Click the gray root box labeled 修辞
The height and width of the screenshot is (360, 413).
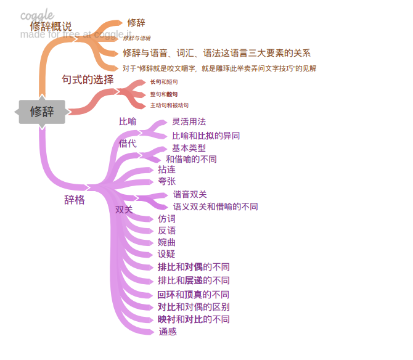pos(42,112)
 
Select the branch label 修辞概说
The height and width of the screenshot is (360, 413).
pos(51,27)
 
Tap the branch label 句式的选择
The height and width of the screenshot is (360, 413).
pos(88,80)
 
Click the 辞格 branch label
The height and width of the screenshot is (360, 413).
pos(75,200)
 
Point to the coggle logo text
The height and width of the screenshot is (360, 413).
pos(37,15)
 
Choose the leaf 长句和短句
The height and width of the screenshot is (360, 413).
pos(163,82)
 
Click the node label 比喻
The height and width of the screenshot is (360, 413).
pos(128,121)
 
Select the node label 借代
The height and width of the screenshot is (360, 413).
pos(128,144)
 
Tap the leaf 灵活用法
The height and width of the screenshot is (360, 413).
pos(189,121)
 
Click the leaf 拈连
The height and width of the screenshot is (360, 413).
pos(166,170)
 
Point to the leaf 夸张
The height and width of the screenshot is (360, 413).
pos(166,181)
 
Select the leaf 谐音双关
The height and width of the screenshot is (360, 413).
pos(190,195)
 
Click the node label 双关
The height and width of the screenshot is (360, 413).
pos(124,210)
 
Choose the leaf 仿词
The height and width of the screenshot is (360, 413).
pos(166,219)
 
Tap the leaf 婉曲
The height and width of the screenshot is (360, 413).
pos(166,242)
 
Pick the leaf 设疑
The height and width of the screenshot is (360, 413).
pos(166,254)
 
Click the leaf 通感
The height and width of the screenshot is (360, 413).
pos(168,332)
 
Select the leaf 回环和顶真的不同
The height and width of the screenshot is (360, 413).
pos(193,295)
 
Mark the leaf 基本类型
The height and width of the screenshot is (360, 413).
pos(189,148)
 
